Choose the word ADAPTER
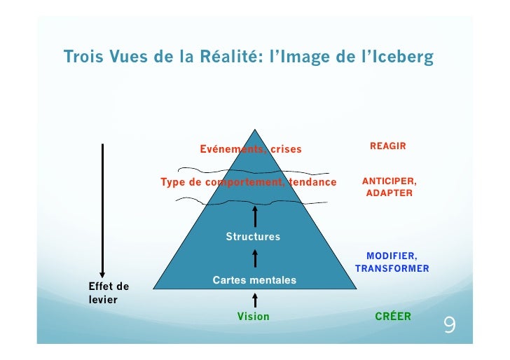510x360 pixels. click(x=390, y=193)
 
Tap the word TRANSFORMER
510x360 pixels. click(x=392, y=268)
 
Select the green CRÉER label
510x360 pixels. click(x=393, y=317)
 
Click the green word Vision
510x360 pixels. click(x=253, y=317)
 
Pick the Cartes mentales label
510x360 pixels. click(x=254, y=280)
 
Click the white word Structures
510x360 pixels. click(x=253, y=237)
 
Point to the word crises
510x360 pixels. click(x=286, y=149)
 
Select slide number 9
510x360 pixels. click(x=449, y=326)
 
